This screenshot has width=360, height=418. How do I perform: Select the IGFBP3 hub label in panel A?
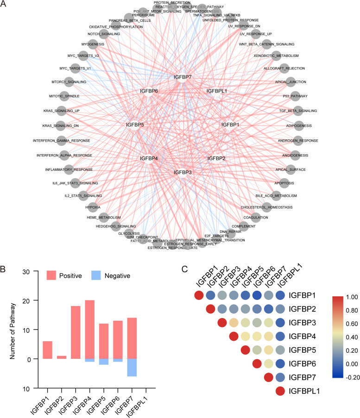click(182, 172)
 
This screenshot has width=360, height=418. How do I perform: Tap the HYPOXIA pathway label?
click(94, 207)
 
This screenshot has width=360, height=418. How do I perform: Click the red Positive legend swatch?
click(53, 275)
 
